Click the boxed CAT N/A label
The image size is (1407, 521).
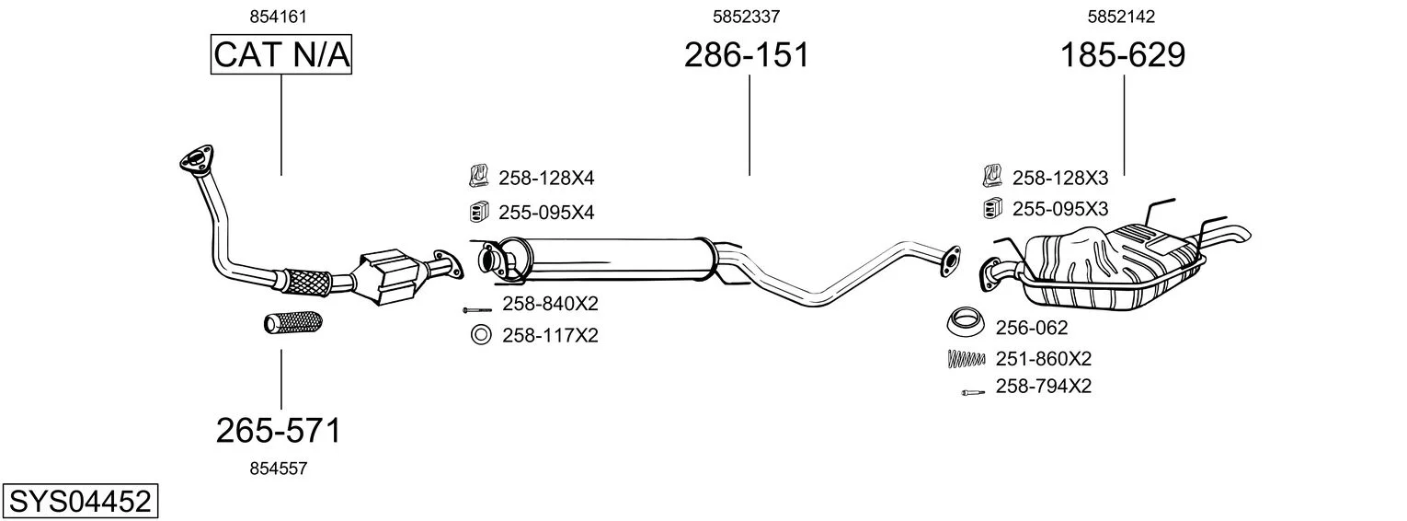click(280, 54)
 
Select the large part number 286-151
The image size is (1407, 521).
click(747, 54)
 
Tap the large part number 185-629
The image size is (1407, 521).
click(1123, 54)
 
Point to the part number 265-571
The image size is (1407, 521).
click(279, 431)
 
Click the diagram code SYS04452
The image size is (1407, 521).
click(80, 502)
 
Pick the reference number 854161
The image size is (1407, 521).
click(279, 17)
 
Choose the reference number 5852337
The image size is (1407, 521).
click(746, 17)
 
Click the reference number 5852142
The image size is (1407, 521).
click(1121, 17)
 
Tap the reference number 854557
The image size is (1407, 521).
click(279, 469)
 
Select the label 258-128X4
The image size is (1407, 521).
click(546, 179)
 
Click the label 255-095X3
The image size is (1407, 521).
click(1060, 209)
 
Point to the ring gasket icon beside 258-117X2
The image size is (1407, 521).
click(481, 334)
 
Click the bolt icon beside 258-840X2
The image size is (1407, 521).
click(476, 310)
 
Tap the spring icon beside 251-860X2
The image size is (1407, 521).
click(967, 358)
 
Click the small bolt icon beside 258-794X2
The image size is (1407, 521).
click(973, 393)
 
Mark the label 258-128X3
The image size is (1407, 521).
click(1060, 179)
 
